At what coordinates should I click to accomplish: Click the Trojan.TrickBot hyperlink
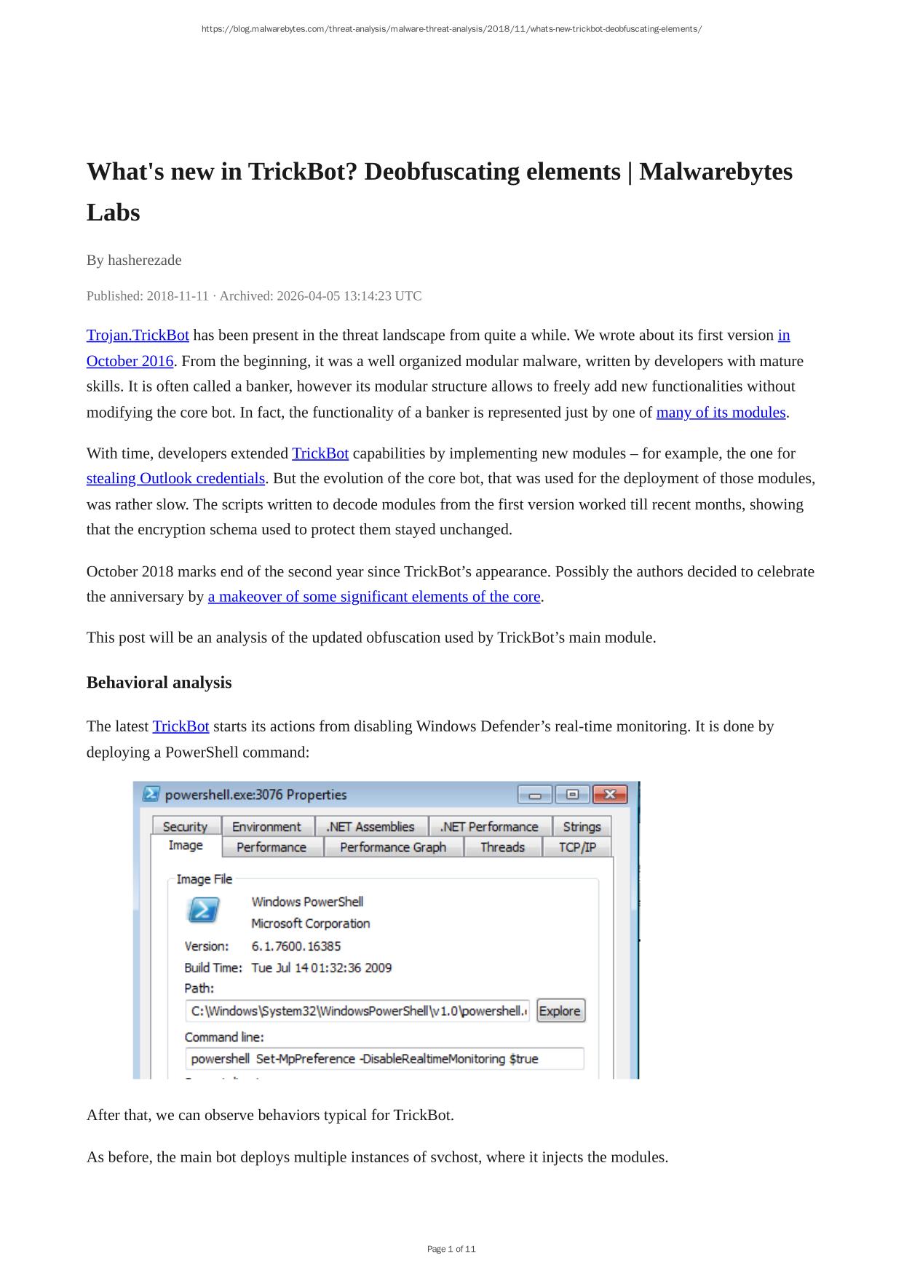[138, 336]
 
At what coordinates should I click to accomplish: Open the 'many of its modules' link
[721, 413]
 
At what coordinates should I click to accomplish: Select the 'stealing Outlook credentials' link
[175, 479]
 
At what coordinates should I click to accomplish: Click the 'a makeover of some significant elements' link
[374, 597]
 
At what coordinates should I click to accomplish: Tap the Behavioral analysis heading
[159, 683]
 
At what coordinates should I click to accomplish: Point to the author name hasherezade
[144, 261]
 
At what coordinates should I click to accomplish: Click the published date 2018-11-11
[178, 296]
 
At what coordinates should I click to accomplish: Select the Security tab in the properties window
[185, 827]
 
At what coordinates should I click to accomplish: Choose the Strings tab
[582, 827]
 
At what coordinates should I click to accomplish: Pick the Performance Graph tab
[392, 847]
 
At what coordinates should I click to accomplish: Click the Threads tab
[502, 847]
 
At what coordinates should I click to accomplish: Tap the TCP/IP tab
[577, 847]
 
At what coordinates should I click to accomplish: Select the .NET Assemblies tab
[370, 827]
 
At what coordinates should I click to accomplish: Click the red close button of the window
[610, 794]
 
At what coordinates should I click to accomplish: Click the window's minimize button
[535, 794]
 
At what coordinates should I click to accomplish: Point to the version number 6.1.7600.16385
[296, 946]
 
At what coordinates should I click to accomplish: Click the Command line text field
[384, 1059]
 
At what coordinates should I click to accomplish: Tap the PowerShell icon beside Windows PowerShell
[203, 910]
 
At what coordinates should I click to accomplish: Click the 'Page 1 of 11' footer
[451, 1249]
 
